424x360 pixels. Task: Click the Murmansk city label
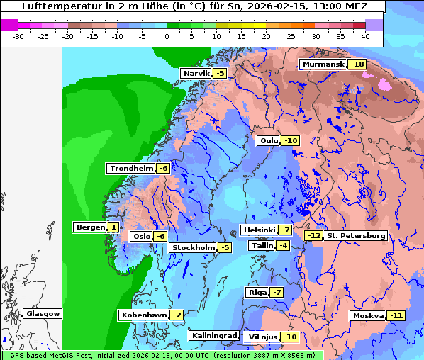[323, 64]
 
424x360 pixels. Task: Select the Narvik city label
[196, 74]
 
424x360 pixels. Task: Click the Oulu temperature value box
[290, 141]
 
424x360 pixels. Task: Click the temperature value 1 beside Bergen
[113, 227]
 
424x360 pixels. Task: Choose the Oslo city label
[141, 237]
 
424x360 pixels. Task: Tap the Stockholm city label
[192, 248]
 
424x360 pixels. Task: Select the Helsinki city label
[258, 230]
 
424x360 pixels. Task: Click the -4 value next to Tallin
[283, 246]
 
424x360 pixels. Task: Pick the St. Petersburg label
[356, 236]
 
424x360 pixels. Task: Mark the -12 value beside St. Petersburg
[313, 236]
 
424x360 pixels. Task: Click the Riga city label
[256, 293]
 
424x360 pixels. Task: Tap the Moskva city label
[368, 316]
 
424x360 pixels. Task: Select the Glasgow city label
[43, 314]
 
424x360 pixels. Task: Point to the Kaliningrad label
[213, 336]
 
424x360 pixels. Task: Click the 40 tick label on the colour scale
[365, 35]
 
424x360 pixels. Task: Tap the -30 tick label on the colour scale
[19, 35]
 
